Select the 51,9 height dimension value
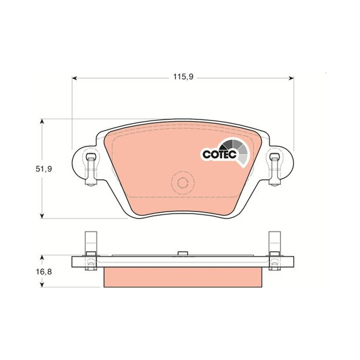(44, 169)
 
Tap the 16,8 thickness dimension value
(44, 272)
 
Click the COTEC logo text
(220, 154)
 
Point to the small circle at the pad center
(183, 183)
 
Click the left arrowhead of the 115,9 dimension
(74, 78)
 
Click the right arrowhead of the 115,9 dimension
(292, 78)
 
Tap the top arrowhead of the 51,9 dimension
(42, 121)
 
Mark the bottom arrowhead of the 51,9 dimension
(42, 216)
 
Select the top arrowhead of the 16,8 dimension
(42, 258)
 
